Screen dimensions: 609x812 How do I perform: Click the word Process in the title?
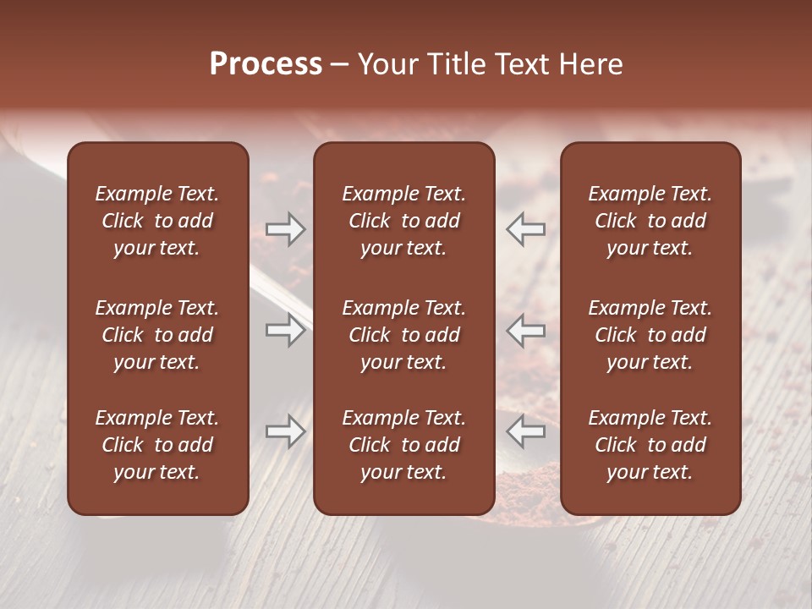click(x=266, y=63)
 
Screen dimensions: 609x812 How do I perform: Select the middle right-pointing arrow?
click(x=285, y=330)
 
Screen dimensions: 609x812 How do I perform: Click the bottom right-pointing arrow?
click(x=285, y=431)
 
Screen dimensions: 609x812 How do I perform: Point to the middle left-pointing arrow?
click(x=525, y=330)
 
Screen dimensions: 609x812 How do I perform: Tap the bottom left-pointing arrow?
click(x=525, y=431)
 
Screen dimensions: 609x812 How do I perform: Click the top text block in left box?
click(x=157, y=221)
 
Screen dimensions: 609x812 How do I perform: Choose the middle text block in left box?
click(x=157, y=335)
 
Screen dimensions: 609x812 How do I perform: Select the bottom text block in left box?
click(x=157, y=445)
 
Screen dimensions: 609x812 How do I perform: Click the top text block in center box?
click(x=403, y=221)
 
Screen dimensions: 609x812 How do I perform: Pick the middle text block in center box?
click(x=403, y=335)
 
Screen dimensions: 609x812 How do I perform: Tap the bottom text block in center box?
click(x=403, y=445)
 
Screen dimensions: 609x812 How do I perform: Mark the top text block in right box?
click(x=650, y=221)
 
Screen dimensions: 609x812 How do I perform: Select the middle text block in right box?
click(x=650, y=335)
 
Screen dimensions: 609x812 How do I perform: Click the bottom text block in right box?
click(x=650, y=445)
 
